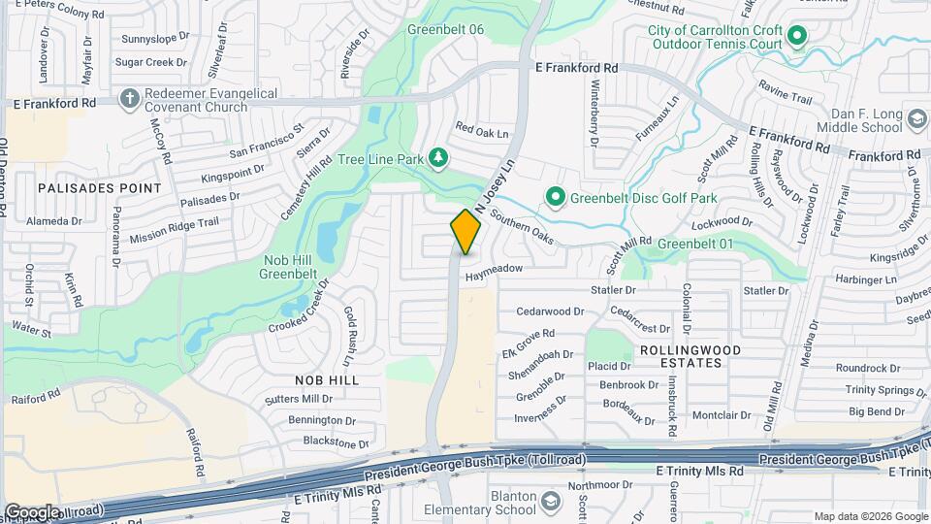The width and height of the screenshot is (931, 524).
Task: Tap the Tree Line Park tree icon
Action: click(x=438, y=156)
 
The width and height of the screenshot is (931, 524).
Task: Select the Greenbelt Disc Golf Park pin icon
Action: click(x=555, y=198)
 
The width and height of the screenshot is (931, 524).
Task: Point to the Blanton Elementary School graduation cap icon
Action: click(x=551, y=501)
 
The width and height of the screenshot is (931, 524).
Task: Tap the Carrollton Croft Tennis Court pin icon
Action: click(x=797, y=38)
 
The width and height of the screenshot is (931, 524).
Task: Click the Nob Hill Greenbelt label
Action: click(x=288, y=267)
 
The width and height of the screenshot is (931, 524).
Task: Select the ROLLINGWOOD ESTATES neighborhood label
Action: click(x=690, y=356)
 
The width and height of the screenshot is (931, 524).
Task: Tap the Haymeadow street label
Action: click(x=494, y=268)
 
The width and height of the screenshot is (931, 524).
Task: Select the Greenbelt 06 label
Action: click(x=445, y=30)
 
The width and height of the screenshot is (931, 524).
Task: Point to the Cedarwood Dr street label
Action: click(x=550, y=312)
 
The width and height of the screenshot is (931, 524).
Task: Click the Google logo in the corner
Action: click(x=31, y=511)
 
